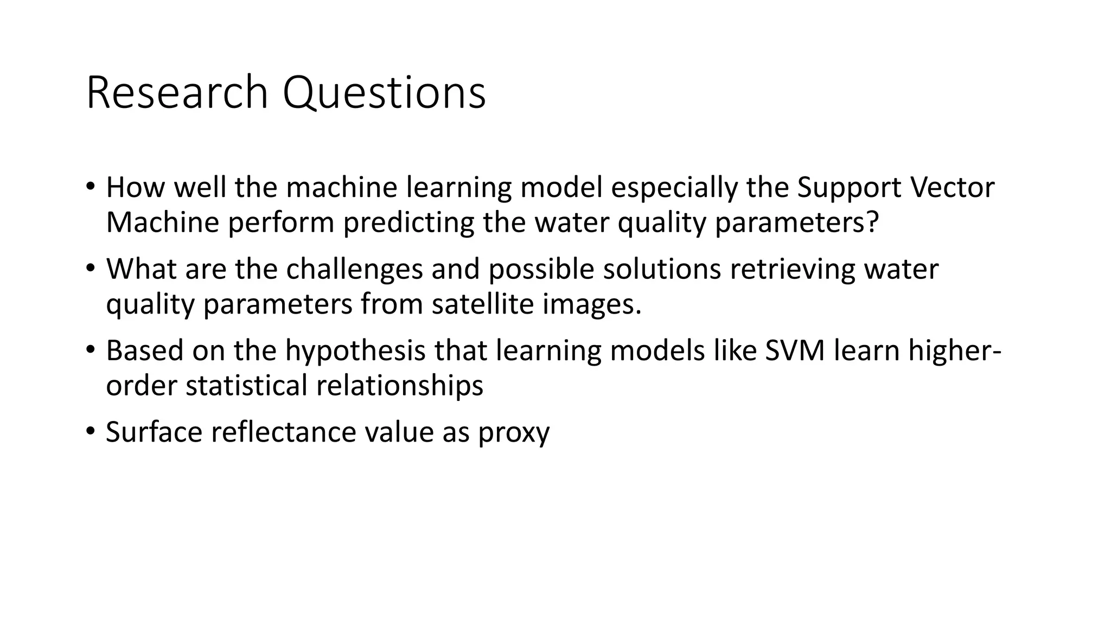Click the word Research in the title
[x=177, y=93]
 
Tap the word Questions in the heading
[x=384, y=93]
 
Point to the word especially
[x=674, y=188]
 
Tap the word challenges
[x=354, y=269]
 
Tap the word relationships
[x=399, y=386]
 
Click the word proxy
[x=514, y=433]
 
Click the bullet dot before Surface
[x=90, y=431]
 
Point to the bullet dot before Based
[x=90, y=349]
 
